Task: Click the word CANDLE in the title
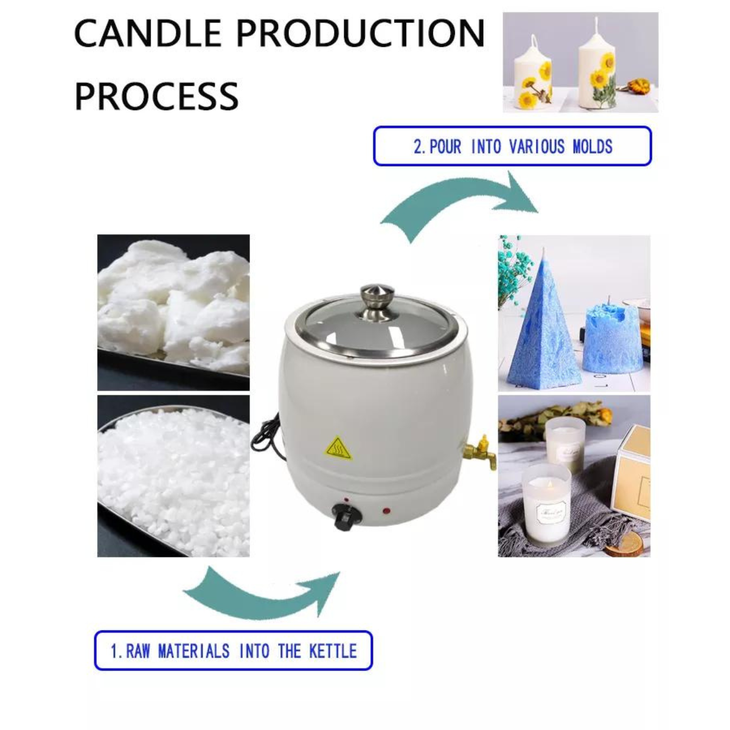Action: point(148,33)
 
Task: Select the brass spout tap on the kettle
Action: point(480,453)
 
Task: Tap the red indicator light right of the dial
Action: point(386,510)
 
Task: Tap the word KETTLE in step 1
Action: point(333,651)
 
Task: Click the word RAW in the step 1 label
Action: point(138,651)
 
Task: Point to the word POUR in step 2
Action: point(445,147)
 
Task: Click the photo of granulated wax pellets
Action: point(173,476)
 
